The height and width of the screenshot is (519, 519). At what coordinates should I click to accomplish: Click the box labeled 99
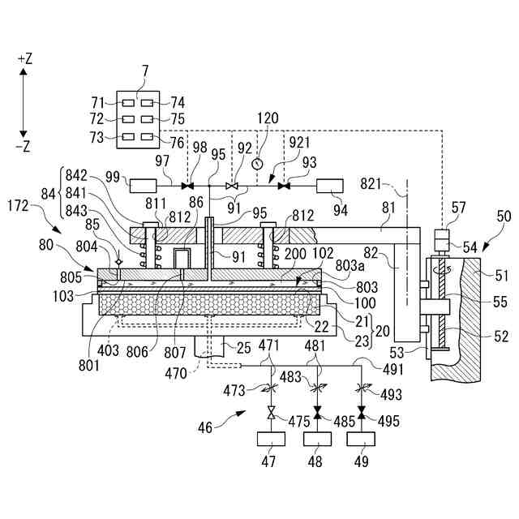point(143,186)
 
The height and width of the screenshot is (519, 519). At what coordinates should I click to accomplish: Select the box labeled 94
point(330,186)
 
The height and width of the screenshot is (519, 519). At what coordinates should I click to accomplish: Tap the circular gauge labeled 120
point(257,164)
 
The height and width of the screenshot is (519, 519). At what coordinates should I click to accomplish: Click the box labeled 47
point(271,439)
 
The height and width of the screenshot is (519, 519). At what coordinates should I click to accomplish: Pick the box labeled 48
point(318,439)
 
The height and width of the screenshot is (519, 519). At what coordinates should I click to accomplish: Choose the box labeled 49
point(361,439)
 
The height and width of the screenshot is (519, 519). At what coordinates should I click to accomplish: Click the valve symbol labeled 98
point(187,186)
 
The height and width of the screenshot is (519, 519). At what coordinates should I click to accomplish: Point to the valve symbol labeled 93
point(284,186)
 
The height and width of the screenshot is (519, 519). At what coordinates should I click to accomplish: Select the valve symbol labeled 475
point(272,413)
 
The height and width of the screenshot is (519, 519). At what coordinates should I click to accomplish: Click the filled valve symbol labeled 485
point(318,413)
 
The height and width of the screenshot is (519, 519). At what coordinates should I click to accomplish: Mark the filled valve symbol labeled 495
point(361,413)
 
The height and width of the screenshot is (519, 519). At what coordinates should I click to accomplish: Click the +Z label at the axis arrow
point(25,59)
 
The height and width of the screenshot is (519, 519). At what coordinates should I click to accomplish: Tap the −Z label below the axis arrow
point(24,146)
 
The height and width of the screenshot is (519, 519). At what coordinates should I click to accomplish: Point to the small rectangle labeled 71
point(128,103)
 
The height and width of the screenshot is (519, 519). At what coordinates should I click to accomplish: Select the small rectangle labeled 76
point(147,136)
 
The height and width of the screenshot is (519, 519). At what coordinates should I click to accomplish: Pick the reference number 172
point(18,206)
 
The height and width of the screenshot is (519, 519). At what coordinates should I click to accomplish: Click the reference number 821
point(371,184)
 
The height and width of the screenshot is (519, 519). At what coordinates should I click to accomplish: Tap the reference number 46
point(204,427)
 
